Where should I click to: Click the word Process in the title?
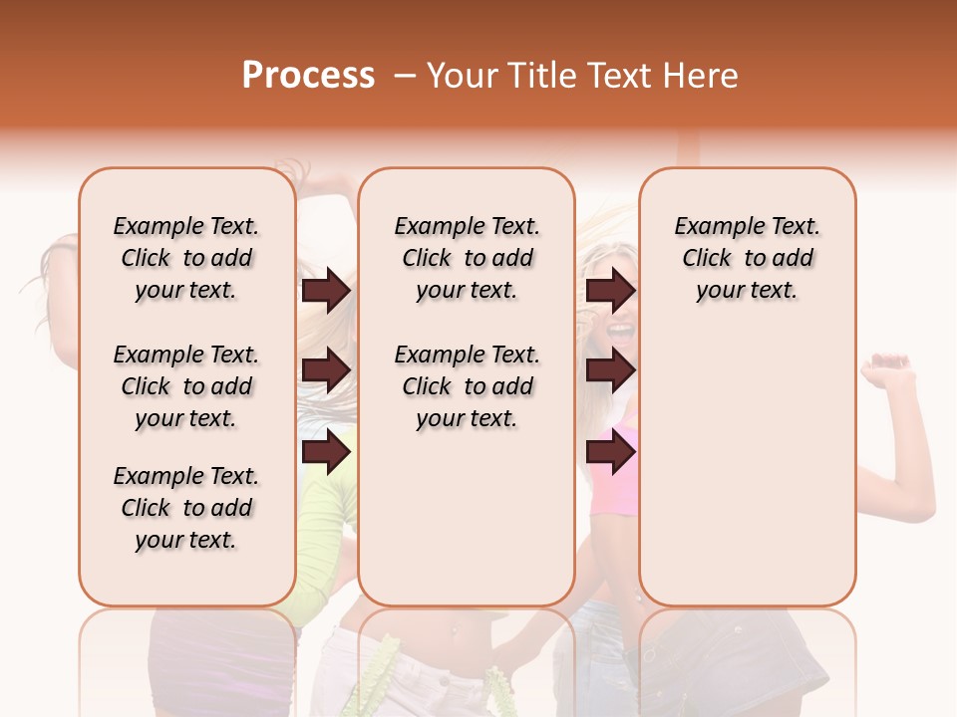click(x=308, y=76)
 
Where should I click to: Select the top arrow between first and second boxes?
click(x=326, y=291)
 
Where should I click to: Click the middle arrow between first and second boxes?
click(x=326, y=370)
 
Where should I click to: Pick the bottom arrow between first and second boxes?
click(x=326, y=452)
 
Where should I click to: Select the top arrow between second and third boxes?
click(x=610, y=291)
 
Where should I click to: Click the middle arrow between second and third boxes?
click(x=610, y=370)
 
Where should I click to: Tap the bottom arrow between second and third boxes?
click(x=610, y=452)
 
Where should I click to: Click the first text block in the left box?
click(x=186, y=258)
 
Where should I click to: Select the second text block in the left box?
click(x=186, y=386)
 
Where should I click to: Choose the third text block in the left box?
click(x=186, y=508)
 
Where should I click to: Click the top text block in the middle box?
click(x=467, y=258)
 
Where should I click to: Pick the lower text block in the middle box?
click(x=467, y=386)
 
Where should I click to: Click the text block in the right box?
click(x=747, y=258)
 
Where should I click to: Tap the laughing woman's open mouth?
click(x=620, y=329)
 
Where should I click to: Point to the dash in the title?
click(x=405, y=76)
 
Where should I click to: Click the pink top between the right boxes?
click(x=614, y=488)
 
